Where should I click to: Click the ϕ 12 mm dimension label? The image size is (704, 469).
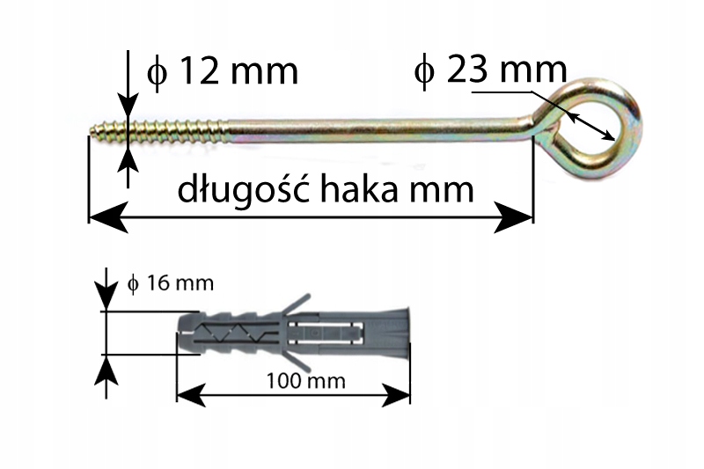click(222, 71)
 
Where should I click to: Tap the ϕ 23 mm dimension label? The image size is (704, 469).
click(489, 70)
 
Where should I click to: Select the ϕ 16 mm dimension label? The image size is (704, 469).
click(171, 283)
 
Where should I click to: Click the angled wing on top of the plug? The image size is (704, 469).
click(297, 303)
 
